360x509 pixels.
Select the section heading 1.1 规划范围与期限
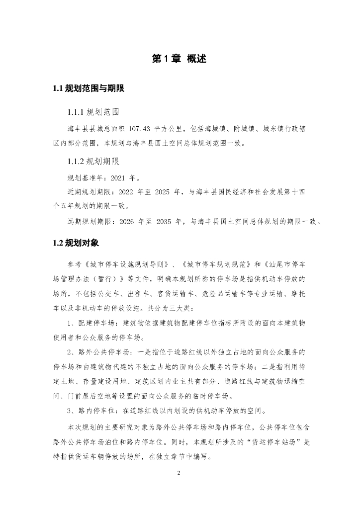tap(88, 89)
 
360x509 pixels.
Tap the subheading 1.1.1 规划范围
tap(93, 111)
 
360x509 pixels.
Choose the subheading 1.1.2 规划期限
tap(93, 161)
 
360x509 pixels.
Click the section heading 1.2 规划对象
tap(76, 243)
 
